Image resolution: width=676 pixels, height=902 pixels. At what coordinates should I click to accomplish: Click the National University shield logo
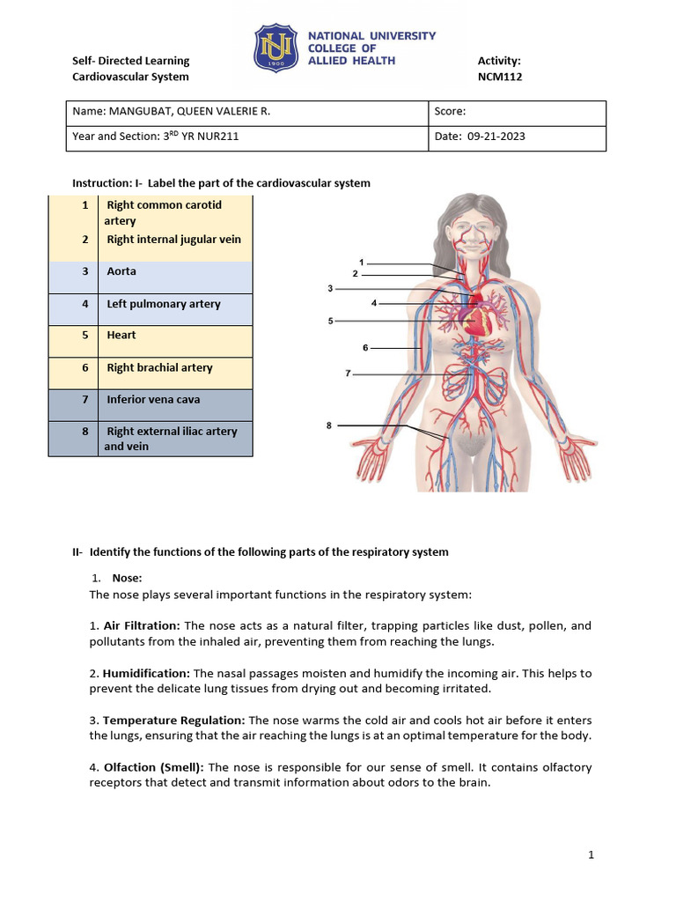(x=277, y=48)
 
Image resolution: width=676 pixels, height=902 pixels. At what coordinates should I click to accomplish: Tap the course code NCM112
(x=500, y=77)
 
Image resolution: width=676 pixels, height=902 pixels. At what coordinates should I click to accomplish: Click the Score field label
(x=450, y=112)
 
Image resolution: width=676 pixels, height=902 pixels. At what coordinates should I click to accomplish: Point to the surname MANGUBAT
(x=143, y=112)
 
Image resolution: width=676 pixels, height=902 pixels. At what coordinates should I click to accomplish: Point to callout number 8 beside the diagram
(x=329, y=425)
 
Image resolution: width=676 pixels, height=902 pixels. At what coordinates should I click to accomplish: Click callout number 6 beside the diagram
(x=365, y=348)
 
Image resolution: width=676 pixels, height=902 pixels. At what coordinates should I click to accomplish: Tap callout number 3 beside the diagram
(x=330, y=288)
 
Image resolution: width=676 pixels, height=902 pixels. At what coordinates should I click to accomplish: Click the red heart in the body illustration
(x=474, y=317)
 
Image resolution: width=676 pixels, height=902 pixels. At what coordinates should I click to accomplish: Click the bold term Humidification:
(x=146, y=673)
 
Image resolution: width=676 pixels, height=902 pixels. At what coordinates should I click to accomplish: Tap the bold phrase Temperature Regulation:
(x=175, y=720)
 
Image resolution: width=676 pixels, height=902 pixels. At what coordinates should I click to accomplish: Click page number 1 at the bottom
(x=592, y=854)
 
